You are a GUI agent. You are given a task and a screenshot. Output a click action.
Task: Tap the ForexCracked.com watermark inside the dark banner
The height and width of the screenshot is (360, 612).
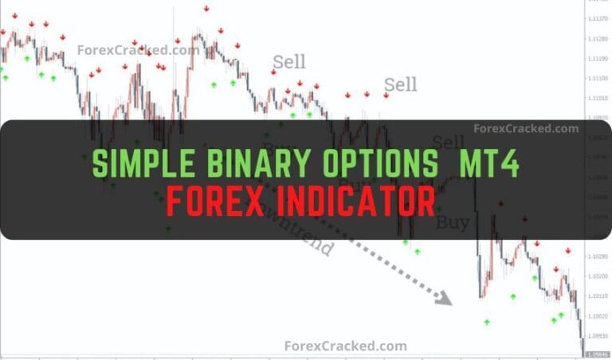526,127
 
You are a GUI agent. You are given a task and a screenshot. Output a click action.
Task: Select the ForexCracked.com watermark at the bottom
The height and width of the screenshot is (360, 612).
345,346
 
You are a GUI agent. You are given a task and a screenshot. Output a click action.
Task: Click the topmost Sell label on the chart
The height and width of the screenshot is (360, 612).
289,61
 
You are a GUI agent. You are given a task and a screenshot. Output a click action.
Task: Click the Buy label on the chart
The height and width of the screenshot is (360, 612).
453,222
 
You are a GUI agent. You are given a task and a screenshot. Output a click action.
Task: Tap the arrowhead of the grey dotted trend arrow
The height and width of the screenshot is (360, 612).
444,299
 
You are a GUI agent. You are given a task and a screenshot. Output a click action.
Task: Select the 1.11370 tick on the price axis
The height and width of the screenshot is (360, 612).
597,20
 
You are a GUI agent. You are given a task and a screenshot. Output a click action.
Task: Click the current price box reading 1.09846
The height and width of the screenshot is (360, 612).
597,353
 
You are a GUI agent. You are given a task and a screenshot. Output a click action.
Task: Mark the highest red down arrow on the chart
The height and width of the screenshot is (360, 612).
206,8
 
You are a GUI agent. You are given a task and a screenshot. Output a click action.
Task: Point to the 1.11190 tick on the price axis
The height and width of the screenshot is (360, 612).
597,59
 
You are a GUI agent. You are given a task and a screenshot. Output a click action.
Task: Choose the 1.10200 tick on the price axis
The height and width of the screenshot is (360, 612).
597,276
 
